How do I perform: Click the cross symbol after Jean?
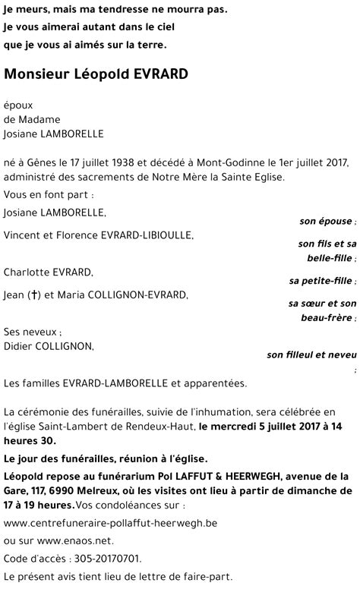coord(34,294)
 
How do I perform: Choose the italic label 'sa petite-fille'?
coord(321,280)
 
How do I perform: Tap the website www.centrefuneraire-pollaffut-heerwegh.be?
coord(110,523)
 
